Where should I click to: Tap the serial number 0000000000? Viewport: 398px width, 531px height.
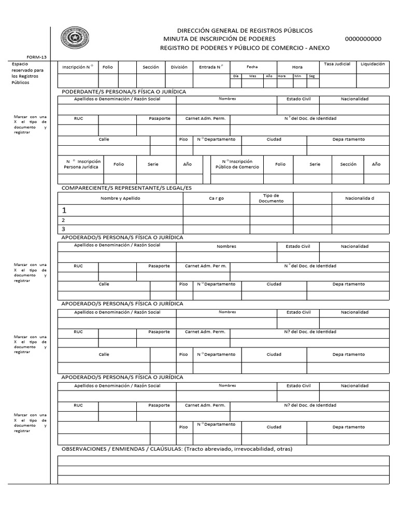click(x=363, y=39)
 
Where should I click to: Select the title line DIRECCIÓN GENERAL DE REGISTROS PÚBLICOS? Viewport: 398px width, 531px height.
click(x=245, y=31)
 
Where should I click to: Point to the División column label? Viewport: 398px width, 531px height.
click(x=179, y=67)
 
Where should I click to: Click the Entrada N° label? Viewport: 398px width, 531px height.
click(x=211, y=67)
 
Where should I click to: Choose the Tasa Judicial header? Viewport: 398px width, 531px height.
click(x=337, y=64)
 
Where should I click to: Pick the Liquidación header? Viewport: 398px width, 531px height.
click(x=373, y=64)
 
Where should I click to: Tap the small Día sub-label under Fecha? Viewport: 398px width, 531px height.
click(x=236, y=76)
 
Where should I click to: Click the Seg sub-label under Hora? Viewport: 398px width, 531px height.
click(x=311, y=76)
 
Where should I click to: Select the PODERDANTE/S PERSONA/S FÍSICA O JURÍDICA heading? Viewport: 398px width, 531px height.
click(x=123, y=92)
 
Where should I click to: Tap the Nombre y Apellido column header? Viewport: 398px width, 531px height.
click(x=120, y=198)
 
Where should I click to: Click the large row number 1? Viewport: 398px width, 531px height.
click(x=64, y=211)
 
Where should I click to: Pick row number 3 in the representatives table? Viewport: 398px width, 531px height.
click(x=63, y=229)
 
